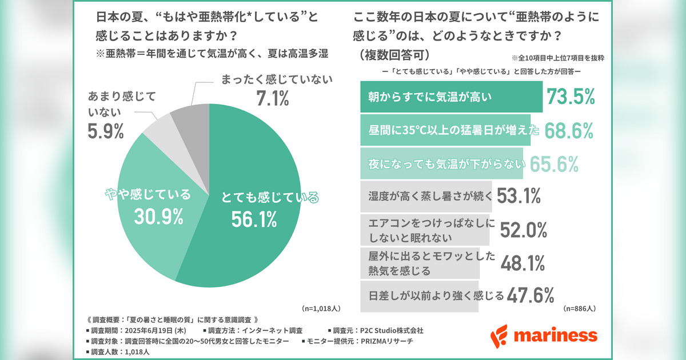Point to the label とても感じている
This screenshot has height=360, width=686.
(270, 198)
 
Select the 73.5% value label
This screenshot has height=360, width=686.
(572, 98)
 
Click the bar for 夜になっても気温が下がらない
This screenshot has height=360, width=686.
(442, 164)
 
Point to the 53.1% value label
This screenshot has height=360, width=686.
(519, 196)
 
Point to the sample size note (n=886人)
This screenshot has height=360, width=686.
(580, 309)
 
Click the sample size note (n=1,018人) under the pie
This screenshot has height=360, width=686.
(321, 309)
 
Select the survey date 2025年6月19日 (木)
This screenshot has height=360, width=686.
(154, 330)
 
